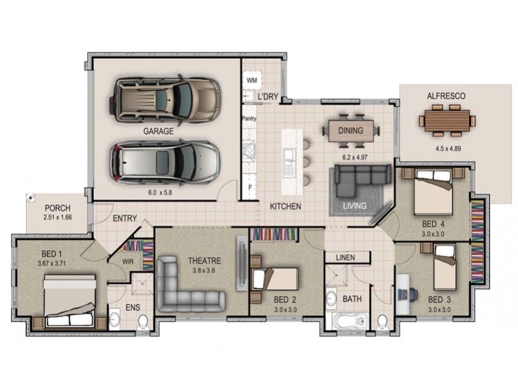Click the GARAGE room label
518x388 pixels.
158,131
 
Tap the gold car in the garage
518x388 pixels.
164,100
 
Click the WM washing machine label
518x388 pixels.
251,80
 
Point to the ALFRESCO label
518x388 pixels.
446,96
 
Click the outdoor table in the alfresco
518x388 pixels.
447,120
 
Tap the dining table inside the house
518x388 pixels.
350,130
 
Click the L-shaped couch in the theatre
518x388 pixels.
185,288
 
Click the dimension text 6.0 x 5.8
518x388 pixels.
158,192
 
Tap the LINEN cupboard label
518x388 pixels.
346,257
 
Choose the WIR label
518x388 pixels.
128,262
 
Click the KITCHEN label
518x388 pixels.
286,206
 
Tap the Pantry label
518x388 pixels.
249,119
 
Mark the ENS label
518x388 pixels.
132,308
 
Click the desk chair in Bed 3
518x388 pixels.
412,293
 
